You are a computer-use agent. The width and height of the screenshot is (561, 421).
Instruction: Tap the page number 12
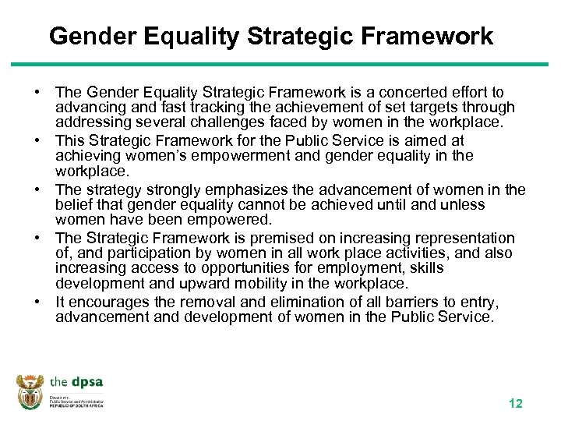[x=515, y=403]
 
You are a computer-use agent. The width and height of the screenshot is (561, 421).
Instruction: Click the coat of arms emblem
[x=31, y=391]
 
